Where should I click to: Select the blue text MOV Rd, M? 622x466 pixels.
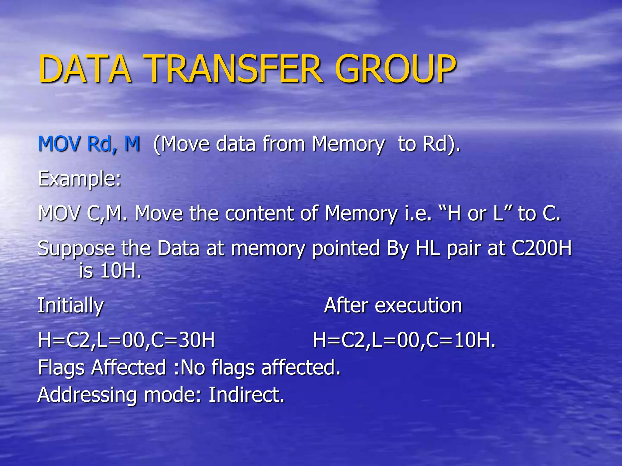click(89, 144)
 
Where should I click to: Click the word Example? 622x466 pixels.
click(80, 179)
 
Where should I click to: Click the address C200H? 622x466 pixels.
click(542, 248)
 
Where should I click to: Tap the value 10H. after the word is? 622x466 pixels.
click(121, 271)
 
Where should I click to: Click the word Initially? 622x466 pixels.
click(71, 306)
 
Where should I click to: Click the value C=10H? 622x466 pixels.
click(460, 340)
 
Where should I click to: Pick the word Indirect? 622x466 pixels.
click(246, 395)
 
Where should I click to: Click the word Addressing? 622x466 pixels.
click(87, 395)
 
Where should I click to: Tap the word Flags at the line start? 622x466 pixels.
click(61, 368)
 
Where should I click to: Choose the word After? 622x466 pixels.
click(346, 306)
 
